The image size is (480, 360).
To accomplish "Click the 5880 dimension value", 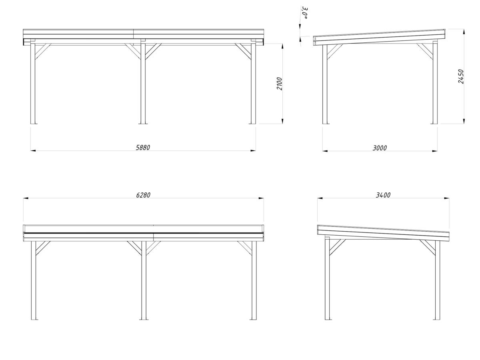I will (143, 148).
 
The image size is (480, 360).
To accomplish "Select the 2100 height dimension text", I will (280, 84).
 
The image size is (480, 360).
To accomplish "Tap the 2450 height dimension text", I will (461, 76).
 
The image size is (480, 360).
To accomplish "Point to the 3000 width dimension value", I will (380, 148).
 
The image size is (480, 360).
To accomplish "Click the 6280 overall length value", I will (143, 195).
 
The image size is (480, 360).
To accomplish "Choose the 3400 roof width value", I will (383, 195).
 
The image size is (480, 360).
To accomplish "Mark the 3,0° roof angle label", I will (305, 13).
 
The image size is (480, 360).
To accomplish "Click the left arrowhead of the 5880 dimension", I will (33, 151).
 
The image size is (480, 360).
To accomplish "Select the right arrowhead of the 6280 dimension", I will (261, 198).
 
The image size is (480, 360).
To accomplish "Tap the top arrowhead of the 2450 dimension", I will (464, 32).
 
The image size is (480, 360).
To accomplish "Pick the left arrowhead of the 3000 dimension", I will (325, 151).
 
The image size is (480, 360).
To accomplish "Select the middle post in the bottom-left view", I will (143, 280).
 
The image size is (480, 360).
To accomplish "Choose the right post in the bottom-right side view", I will (437, 280).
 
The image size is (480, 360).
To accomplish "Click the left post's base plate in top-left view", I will (33, 123).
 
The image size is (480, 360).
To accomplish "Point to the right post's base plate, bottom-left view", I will (253, 319).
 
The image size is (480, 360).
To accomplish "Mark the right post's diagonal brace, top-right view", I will (425, 51).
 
